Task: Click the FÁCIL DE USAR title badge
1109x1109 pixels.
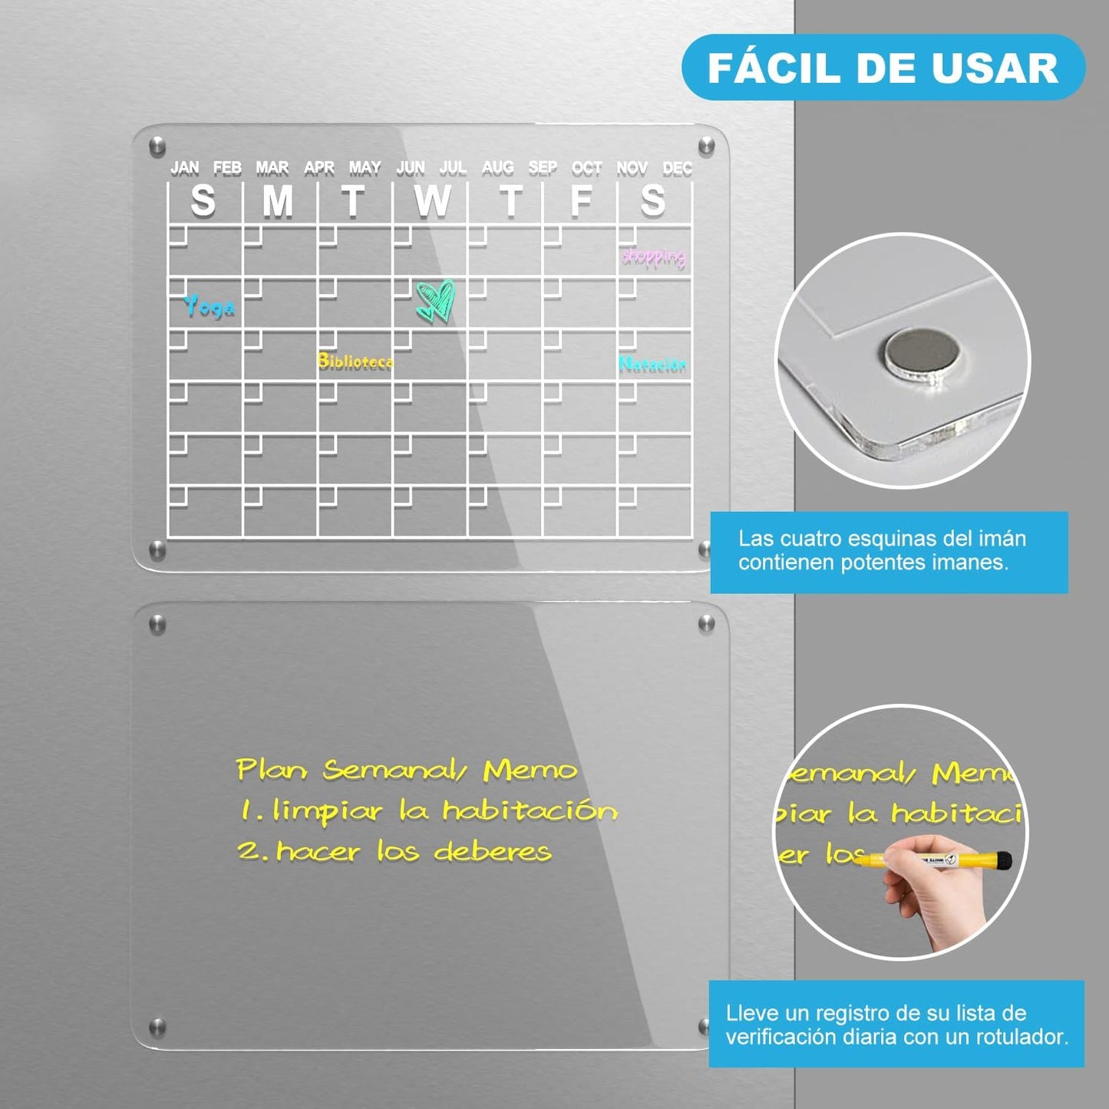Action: (883, 68)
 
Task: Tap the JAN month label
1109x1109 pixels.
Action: (184, 168)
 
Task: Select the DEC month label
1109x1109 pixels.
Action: (677, 168)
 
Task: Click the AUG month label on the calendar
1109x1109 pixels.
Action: (497, 167)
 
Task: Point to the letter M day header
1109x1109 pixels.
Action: (278, 201)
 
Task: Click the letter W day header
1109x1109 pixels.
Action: (431, 201)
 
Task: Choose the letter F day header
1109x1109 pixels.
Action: (581, 200)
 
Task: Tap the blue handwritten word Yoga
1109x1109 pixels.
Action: (210, 307)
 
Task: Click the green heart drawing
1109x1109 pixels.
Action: (436, 300)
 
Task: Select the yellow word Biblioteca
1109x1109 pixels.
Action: (355, 361)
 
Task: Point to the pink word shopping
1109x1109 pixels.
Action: (653, 256)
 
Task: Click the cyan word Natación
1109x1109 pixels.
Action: (652, 365)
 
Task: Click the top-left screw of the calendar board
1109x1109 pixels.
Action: (157, 146)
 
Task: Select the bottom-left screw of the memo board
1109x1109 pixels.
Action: (157, 1026)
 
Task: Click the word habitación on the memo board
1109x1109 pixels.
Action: (530, 810)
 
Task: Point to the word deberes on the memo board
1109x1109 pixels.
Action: (492, 851)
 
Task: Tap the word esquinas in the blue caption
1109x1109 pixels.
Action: (872, 539)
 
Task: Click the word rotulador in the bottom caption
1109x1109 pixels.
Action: (1021, 1037)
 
